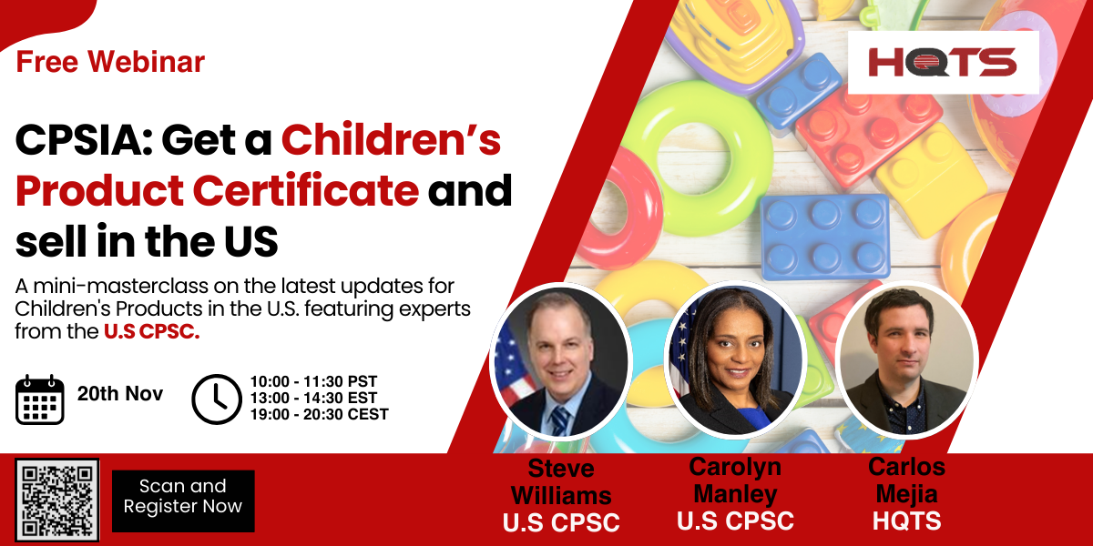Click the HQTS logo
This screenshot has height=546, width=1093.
(x=943, y=63)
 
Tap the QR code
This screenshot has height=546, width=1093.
(x=57, y=500)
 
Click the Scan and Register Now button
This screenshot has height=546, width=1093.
(x=183, y=500)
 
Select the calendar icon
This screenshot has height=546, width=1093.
(x=40, y=399)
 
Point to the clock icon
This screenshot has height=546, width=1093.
(x=217, y=399)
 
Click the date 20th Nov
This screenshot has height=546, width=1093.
(x=120, y=393)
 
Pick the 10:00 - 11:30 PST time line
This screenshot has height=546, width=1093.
(x=313, y=381)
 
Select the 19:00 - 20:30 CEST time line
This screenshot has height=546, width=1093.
(x=319, y=414)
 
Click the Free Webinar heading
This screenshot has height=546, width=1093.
(x=110, y=62)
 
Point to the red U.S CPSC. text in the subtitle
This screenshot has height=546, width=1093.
(x=152, y=331)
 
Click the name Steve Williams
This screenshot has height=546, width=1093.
(x=561, y=482)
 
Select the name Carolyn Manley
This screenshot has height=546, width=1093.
(x=735, y=480)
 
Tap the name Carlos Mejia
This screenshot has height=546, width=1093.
(x=906, y=480)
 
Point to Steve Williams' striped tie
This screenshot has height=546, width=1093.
(x=559, y=420)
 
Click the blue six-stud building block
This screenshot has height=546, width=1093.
(x=825, y=237)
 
